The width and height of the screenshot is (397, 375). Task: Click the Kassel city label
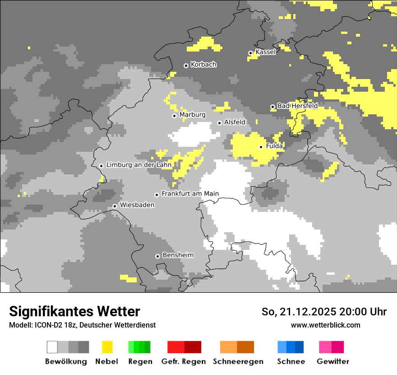tap(265, 52)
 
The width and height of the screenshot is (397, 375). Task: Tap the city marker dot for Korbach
tap(186, 66)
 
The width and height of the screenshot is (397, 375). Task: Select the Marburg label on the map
tap(192, 115)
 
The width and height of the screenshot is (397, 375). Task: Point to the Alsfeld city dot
tap(219, 123)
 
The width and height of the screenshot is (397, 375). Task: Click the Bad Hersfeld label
tap(297, 106)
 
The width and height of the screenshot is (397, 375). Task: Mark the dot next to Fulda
tap(261, 147)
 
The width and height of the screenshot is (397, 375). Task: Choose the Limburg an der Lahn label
tap(139, 165)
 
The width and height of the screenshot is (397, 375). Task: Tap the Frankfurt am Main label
tap(190, 194)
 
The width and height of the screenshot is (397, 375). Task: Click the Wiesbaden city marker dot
tap(115, 206)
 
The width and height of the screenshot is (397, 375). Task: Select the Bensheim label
tap(178, 255)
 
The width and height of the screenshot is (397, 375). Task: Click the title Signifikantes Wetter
tap(74, 312)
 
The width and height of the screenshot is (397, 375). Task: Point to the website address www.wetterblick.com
tap(325, 325)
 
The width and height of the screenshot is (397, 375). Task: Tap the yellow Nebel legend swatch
tap(107, 347)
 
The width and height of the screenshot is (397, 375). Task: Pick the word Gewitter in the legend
tap(333, 361)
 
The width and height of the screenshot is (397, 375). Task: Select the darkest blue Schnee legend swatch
tap(300, 347)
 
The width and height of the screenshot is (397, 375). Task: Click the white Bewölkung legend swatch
tap(52, 347)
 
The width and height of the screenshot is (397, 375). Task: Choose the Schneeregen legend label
tap(238, 361)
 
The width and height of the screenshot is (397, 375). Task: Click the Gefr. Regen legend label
tap(184, 361)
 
